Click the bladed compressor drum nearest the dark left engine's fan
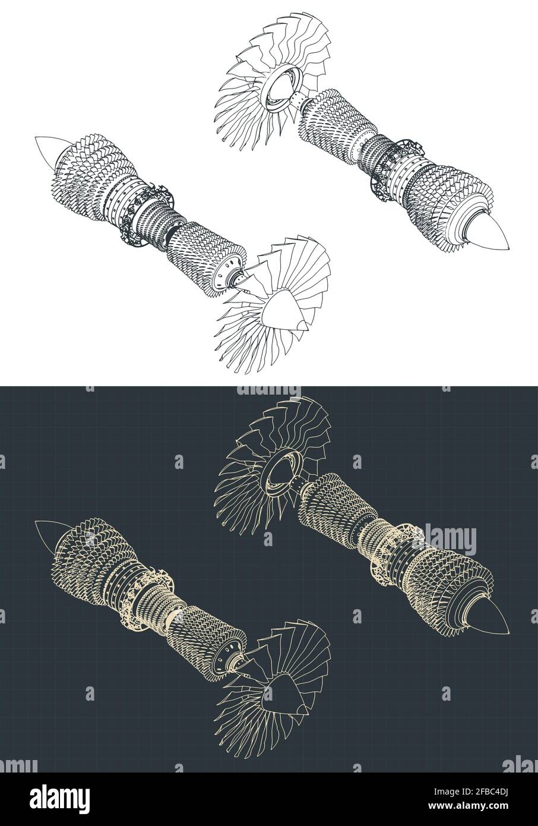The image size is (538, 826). click(208, 642)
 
